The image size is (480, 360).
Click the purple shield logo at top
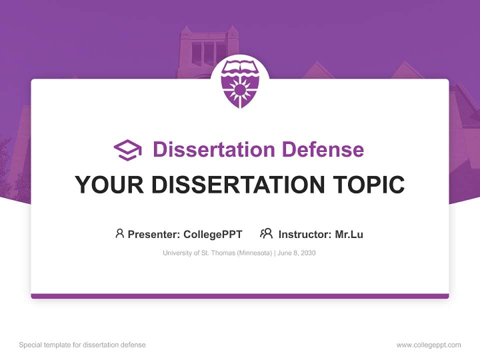[x=240, y=83]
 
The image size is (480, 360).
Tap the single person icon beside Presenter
[x=119, y=233]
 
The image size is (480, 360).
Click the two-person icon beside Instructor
[x=266, y=233]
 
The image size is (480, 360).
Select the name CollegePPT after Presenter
[x=213, y=234]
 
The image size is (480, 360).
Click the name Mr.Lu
[x=349, y=234]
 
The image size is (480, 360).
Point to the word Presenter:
[x=154, y=234]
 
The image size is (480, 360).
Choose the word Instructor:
[x=304, y=234]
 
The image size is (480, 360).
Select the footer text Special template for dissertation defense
[x=82, y=345]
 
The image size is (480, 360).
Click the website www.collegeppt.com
[x=428, y=345]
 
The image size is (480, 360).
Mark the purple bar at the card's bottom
[x=240, y=296]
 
